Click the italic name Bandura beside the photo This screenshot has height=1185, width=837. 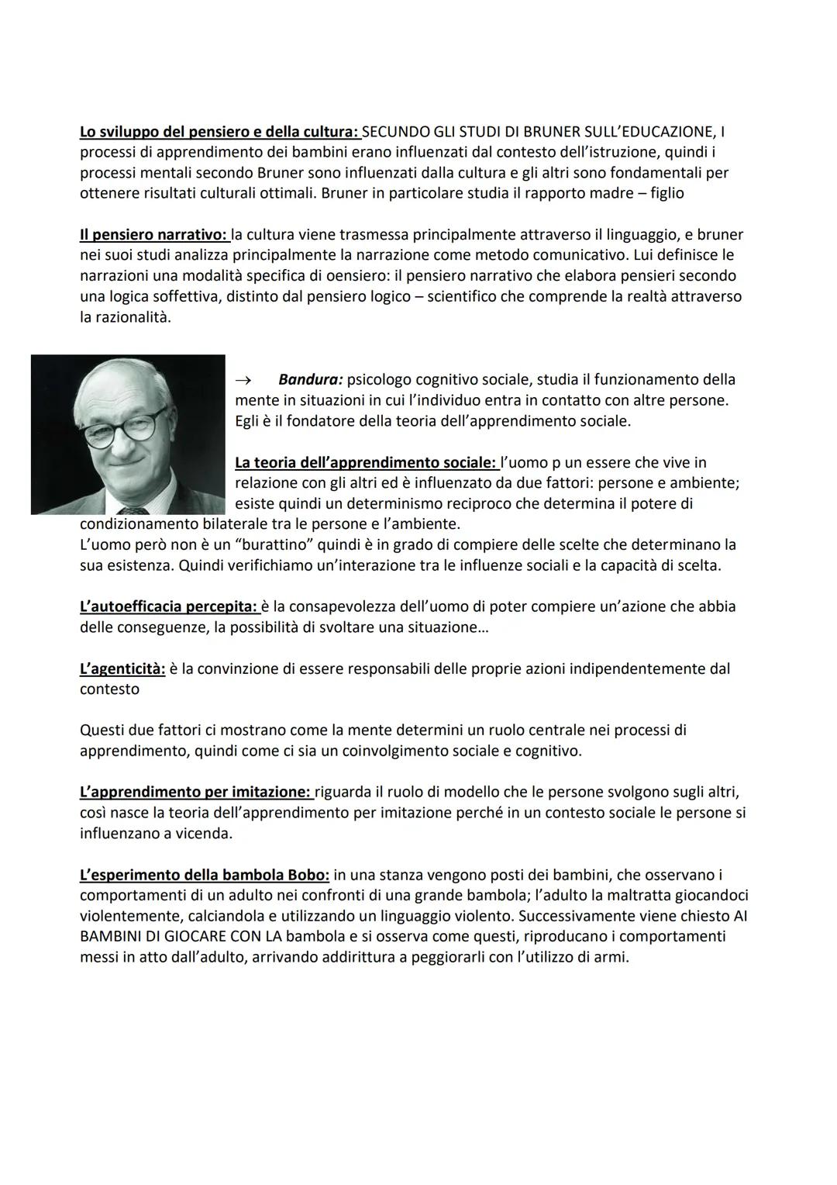311,380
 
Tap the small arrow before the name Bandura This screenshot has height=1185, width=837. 243,380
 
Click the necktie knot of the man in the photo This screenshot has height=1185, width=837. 137,510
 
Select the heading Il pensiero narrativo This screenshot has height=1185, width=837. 153,234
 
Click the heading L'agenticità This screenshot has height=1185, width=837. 122,669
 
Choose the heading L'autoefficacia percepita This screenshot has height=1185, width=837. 168,606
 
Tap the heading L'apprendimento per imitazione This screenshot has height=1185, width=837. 195,793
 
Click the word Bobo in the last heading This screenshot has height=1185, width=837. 310,875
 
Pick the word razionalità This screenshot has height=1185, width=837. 125,317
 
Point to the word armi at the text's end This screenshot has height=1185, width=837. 610,957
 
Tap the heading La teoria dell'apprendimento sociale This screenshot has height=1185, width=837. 366,463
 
